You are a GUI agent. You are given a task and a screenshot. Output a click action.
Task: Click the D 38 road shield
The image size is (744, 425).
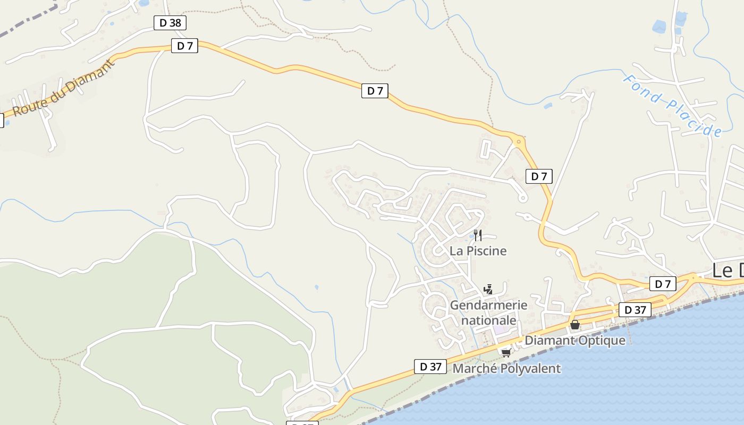(170, 23)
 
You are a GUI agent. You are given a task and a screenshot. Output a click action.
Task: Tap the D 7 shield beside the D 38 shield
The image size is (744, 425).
(184, 46)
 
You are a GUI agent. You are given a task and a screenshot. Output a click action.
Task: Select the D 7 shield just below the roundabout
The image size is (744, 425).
(539, 176)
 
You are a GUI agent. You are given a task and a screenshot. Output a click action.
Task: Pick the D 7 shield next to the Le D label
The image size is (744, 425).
(663, 284)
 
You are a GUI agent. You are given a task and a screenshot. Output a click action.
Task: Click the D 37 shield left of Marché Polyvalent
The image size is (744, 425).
(430, 367)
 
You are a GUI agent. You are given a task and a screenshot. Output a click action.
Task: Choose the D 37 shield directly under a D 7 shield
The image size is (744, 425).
(635, 310)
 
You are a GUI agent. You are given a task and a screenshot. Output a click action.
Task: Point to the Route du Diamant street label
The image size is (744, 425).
(63, 88)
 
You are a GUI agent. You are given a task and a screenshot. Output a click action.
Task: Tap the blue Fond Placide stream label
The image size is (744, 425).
(672, 106)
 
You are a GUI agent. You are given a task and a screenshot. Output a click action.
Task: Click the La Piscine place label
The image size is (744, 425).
(478, 251)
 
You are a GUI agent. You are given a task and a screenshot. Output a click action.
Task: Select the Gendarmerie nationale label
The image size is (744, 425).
(488, 313)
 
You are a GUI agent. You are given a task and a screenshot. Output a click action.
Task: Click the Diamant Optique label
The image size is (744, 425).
(575, 341)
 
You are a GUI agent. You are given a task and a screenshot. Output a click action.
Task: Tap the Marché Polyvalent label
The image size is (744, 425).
(506, 368)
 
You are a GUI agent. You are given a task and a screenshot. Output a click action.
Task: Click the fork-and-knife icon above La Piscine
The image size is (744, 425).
(478, 235)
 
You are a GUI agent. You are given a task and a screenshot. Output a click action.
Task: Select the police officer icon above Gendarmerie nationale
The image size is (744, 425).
(488, 290)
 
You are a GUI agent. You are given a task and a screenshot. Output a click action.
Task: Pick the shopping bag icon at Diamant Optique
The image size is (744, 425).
(574, 325)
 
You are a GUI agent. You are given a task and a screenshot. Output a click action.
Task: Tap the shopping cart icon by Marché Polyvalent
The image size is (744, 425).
(505, 353)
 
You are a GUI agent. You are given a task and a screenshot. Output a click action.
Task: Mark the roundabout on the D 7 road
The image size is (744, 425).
(518, 141)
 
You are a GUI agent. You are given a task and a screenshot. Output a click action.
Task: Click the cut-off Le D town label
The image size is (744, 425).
(728, 271)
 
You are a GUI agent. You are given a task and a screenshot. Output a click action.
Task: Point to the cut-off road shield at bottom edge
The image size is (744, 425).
(302, 423)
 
